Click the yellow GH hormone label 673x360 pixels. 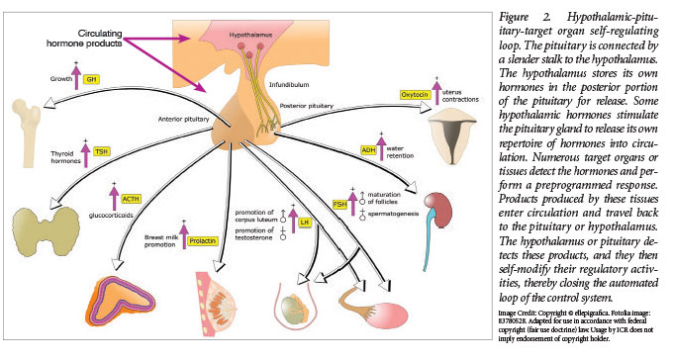coord(92,78)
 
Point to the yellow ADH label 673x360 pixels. coord(368,150)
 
